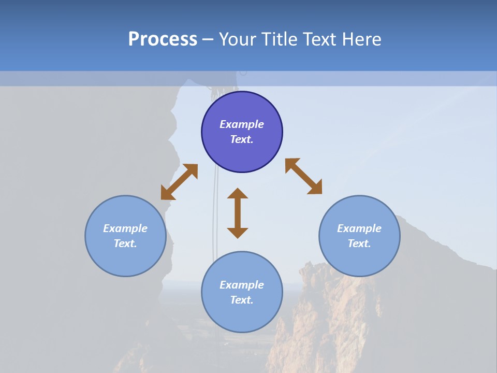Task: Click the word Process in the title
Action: [x=163, y=39]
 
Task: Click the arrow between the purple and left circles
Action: [x=179, y=182]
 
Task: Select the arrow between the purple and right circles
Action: [x=303, y=177]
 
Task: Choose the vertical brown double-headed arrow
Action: [x=238, y=213]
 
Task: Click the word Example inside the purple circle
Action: [x=242, y=124]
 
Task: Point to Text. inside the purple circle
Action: [x=242, y=139]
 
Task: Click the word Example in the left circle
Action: [x=125, y=228]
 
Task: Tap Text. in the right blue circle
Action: [x=359, y=243]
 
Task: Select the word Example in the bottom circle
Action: [x=242, y=285]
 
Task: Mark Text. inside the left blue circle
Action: [x=125, y=243]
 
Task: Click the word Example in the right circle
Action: [x=359, y=228]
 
